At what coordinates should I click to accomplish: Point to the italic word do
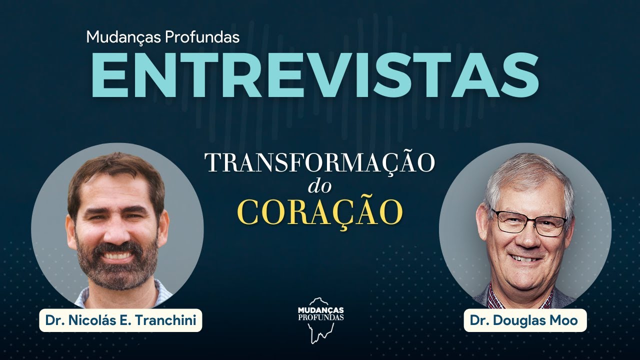tap(320, 187)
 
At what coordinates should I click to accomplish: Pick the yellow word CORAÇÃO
tap(320, 213)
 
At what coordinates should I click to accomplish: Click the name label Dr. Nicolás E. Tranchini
tap(120, 320)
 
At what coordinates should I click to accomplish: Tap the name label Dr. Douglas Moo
tap(525, 320)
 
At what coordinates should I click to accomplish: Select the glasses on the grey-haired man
tap(528, 223)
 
